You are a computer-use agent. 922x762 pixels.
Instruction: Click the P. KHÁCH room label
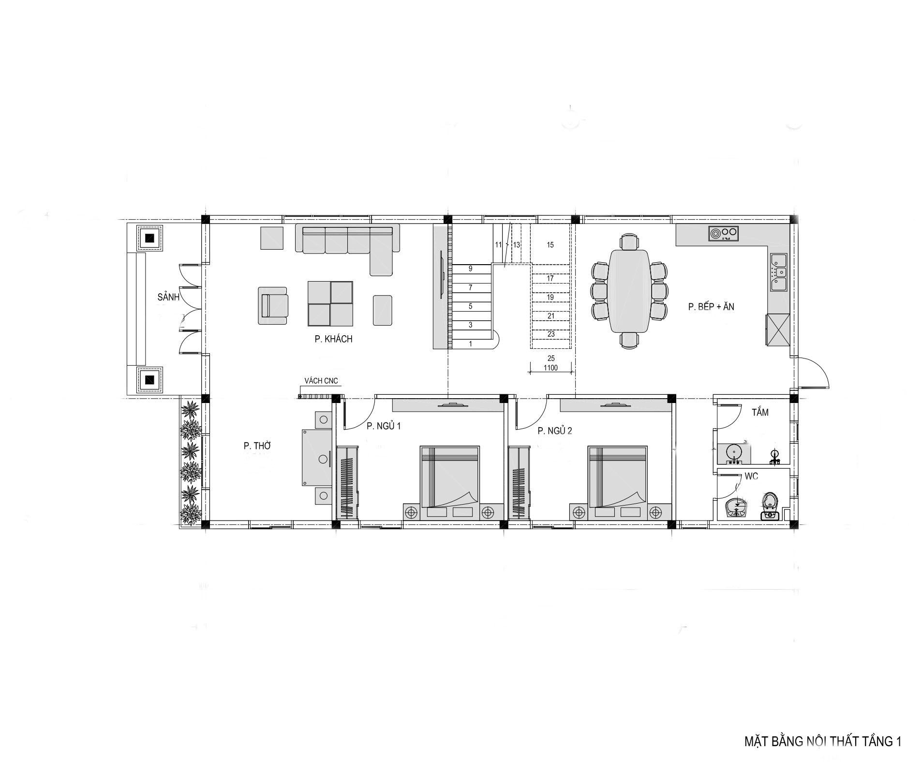[333, 339]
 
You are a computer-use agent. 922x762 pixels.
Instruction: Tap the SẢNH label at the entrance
[168, 297]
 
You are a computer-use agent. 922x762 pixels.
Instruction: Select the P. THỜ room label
[257, 446]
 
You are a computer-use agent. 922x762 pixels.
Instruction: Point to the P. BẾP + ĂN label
[711, 306]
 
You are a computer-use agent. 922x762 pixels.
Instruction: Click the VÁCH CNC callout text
[321, 381]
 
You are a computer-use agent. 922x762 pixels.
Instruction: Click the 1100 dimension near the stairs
[550, 368]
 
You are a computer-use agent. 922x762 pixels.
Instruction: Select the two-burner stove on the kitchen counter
[724, 233]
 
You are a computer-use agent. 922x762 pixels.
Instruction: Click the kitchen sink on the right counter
[778, 272]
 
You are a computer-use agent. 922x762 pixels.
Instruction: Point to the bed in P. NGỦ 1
[449, 483]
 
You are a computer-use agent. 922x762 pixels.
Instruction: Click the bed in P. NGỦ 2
[617, 483]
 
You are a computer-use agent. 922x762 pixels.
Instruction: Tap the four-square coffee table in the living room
[330, 303]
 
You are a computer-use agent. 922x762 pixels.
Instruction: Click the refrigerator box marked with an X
[777, 330]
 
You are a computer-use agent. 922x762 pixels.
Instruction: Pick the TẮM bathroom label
[760, 413]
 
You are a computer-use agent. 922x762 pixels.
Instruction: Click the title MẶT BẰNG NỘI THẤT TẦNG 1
[822, 728]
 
